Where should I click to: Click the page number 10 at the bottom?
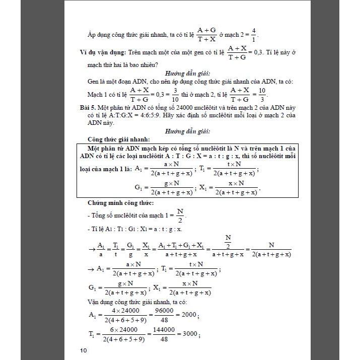[x=83, y=350]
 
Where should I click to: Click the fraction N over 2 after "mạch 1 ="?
[x=180, y=215]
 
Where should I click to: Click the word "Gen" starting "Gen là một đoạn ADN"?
[x=94, y=81]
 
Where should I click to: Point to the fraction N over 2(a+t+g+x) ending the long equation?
[x=271, y=250]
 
